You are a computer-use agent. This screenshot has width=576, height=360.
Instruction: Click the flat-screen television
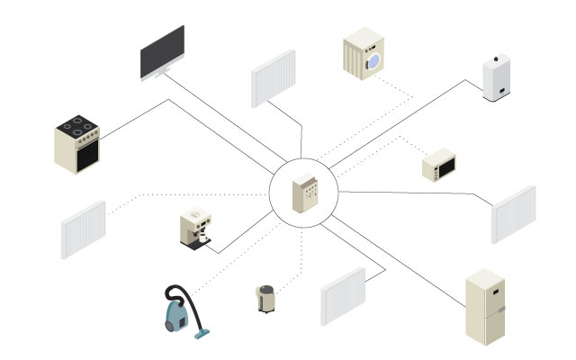click(x=162, y=52)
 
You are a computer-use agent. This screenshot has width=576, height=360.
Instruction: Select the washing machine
click(x=364, y=53)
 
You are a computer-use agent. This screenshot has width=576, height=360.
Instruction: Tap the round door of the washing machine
click(x=374, y=59)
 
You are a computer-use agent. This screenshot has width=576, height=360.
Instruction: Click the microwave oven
click(x=442, y=167)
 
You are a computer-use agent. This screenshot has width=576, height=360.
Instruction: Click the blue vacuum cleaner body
click(x=177, y=316)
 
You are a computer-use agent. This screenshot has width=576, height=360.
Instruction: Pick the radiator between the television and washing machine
click(x=273, y=79)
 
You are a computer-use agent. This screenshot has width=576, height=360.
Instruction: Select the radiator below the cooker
click(x=84, y=229)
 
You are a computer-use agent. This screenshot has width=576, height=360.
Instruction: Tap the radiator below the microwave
click(x=513, y=214)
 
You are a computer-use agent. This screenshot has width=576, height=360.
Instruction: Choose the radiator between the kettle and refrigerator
click(x=343, y=296)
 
